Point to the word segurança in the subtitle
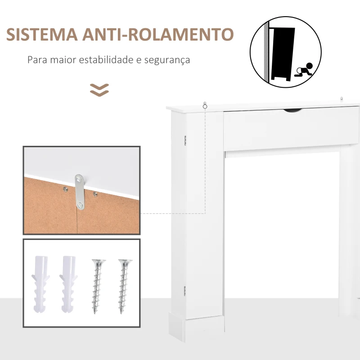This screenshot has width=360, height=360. [169, 59]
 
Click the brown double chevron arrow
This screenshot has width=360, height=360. [99, 90]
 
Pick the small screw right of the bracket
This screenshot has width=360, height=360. [95, 194]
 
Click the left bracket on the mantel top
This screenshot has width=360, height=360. [205, 105]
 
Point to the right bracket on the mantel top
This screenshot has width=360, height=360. [342, 99]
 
